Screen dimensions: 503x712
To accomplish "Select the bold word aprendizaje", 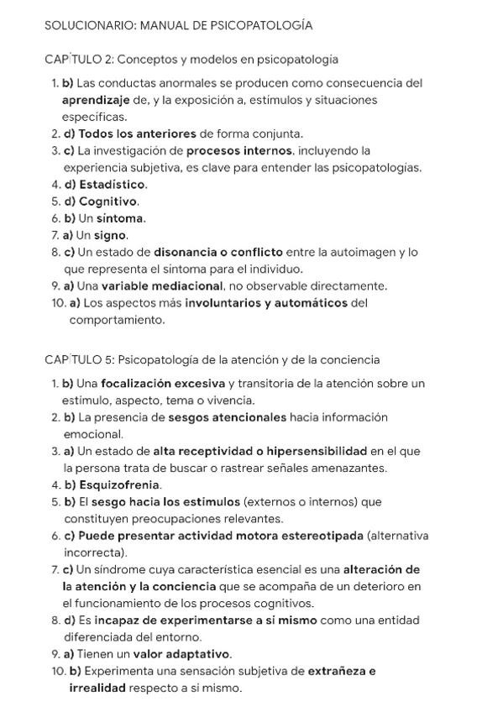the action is tap(96, 100).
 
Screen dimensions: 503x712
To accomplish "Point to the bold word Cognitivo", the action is tap(108, 202).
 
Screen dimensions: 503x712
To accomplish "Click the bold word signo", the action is tap(110, 235).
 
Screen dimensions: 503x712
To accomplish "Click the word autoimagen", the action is tap(364, 252).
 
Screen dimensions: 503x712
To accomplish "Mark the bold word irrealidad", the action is tap(98, 688).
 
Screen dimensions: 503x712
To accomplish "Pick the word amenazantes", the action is tap(346, 468).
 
